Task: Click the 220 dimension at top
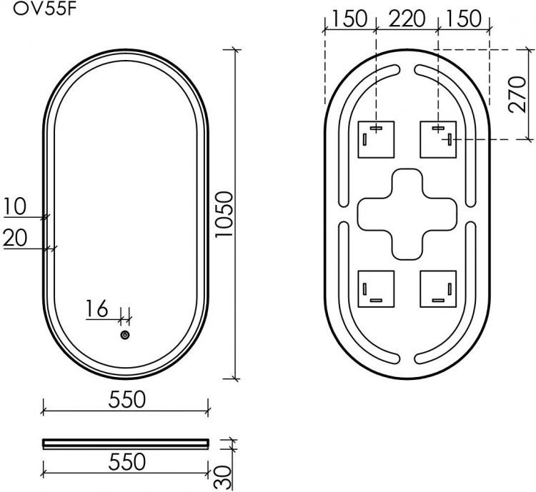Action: [x=406, y=19]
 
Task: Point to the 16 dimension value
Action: [x=96, y=309]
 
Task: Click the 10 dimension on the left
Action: [x=14, y=206]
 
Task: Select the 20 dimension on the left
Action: [x=14, y=238]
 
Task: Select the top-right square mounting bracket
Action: [x=437, y=139]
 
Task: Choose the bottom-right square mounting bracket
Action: [x=437, y=288]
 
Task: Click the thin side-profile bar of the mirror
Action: [x=125, y=442]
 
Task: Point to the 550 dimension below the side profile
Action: [x=125, y=462]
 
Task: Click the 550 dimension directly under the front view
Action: [x=125, y=399]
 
